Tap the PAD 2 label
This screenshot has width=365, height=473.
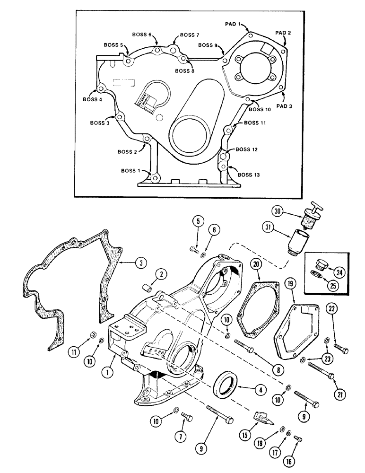[283, 33]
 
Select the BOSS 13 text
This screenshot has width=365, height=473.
[249, 175]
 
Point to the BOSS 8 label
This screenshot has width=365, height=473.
[185, 71]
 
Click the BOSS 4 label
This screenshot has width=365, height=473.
[92, 100]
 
